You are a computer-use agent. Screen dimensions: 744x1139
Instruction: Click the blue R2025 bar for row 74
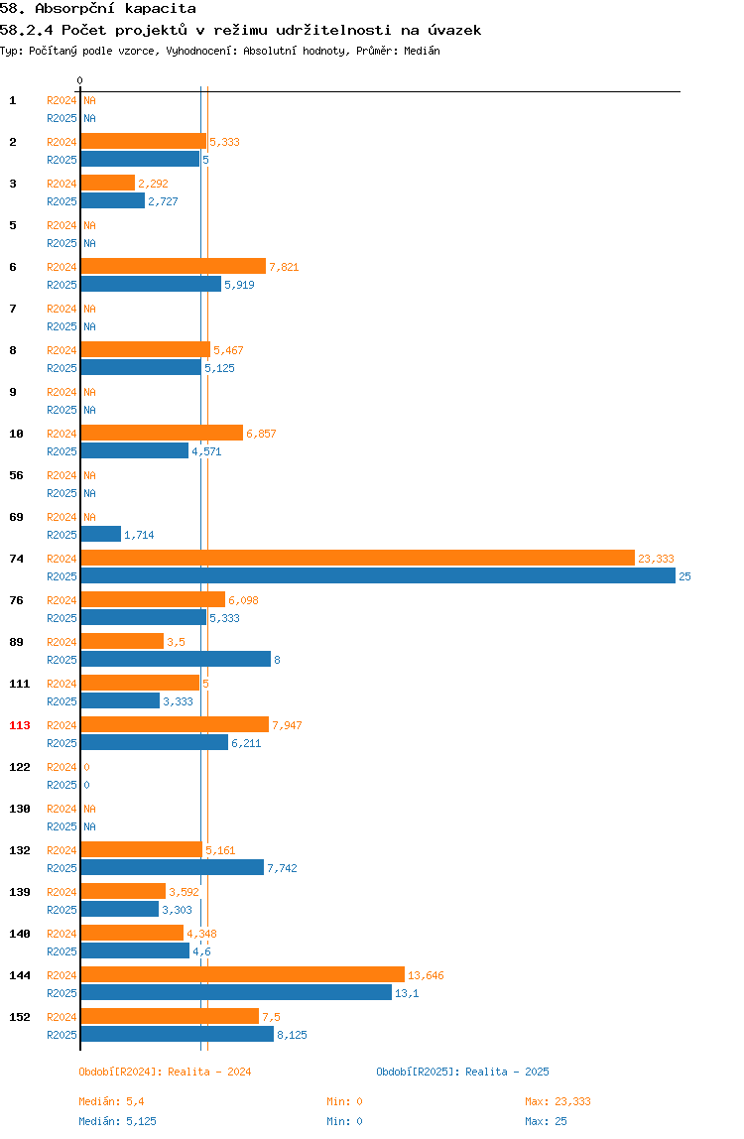click(378, 576)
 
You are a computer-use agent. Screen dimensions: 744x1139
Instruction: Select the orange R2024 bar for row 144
click(243, 975)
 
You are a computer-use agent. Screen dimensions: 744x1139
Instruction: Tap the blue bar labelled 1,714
click(101, 535)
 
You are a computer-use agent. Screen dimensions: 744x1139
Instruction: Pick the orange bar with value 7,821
click(173, 267)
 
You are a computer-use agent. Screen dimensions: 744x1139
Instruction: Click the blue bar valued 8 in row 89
click(176, 660)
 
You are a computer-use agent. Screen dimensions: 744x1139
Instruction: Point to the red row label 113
click(20, 725)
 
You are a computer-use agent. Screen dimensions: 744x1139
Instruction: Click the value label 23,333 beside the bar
click(656, 559)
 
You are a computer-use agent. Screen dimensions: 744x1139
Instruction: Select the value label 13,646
click(426, 975)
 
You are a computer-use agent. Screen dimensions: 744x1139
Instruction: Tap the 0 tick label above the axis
click(80, 80)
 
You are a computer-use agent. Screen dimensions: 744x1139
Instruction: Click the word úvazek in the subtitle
click(454, 31)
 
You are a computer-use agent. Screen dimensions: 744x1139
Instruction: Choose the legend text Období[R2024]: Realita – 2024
click(165, 1073)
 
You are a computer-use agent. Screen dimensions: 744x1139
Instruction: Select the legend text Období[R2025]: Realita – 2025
click(463, 1073)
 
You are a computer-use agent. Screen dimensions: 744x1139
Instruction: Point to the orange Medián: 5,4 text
click(111, 1102)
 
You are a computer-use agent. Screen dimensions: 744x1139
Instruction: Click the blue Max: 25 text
click(546, 1121)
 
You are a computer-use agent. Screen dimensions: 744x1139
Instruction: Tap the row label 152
click(20, 1017)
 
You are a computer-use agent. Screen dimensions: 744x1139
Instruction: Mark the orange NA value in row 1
click(89, 101)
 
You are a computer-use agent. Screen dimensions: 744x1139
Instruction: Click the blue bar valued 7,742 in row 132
click(173, 867)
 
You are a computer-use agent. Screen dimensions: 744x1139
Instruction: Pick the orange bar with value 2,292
click(107, 183)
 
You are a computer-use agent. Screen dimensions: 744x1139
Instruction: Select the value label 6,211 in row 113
click(246, 744)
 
